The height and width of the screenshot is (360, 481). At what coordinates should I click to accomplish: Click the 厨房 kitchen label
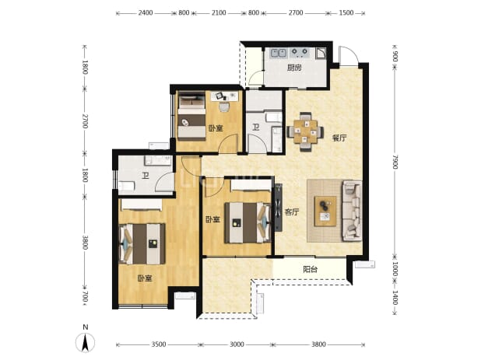294,68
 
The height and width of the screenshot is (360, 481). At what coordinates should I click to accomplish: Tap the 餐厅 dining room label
339,138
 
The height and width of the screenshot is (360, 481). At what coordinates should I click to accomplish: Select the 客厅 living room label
291,212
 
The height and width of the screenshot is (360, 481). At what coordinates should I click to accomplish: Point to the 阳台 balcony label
310,269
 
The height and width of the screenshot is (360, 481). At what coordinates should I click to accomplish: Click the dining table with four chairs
305,131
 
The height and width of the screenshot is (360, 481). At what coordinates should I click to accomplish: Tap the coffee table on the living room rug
325,211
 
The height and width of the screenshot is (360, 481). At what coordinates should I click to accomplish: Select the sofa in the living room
352,211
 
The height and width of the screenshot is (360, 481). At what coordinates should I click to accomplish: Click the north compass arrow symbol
86,342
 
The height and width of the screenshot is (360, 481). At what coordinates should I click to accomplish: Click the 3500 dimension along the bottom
159,344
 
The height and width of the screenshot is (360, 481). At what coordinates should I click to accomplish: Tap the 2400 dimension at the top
146,13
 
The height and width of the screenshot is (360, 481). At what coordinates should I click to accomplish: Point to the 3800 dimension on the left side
85,243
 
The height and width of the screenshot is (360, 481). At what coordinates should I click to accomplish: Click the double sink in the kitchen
278,53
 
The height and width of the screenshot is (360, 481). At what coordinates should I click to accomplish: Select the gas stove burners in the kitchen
300,53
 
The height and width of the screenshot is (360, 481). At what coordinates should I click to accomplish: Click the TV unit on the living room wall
279,207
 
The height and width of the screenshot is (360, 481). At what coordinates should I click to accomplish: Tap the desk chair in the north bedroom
224,107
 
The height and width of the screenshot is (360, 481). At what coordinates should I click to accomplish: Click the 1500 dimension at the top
346,13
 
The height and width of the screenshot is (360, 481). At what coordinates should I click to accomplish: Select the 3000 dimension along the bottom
237,344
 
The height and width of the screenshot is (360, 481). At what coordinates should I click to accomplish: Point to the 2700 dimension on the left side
85,121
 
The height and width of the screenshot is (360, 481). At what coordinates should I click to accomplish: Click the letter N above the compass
86,327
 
